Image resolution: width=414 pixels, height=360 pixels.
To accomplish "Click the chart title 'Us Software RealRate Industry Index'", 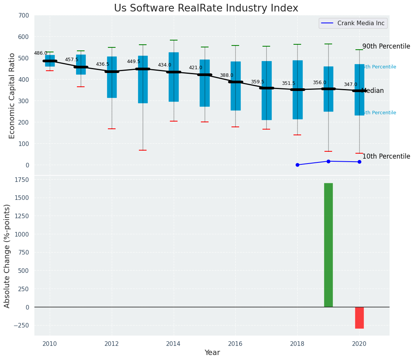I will (x=206, y=8).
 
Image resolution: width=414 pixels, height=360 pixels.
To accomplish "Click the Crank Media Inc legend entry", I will (x=353, y=23).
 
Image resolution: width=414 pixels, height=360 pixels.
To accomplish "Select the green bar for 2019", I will (x=328, y=245).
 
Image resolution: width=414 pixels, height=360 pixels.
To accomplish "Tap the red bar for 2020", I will (x=359, y=318).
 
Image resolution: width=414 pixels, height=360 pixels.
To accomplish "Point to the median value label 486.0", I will (x=41, y=54).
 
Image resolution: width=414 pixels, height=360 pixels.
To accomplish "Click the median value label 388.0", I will (x=227, y=76).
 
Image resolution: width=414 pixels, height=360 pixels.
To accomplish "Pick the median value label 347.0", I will (x=350, y=85).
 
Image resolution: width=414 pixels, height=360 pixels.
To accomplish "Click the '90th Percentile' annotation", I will (x=386, y=47).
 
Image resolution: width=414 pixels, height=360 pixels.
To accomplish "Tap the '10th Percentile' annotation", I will (x=386, y=157).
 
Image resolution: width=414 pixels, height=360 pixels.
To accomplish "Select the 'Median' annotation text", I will (x=372, y=91).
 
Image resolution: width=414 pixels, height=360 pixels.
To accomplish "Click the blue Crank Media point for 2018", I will (x=297, y=165).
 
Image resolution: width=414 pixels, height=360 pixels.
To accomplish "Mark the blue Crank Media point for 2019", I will (x=328, y=161).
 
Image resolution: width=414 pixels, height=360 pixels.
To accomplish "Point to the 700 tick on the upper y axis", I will (x=23, y=16).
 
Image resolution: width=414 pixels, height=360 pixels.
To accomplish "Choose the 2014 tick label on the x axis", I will (x=173, y=344).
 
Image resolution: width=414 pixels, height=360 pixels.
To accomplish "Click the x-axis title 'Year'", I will (x=212, y=353).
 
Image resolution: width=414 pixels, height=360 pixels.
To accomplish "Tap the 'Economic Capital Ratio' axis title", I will (x=12, y=96).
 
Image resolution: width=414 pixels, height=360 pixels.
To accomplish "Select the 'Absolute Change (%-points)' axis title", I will (x=7, y=256).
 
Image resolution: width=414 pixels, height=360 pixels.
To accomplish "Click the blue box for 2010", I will (x=50, y=61).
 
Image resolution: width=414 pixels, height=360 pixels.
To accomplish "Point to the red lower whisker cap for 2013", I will (x=143, y=150).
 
